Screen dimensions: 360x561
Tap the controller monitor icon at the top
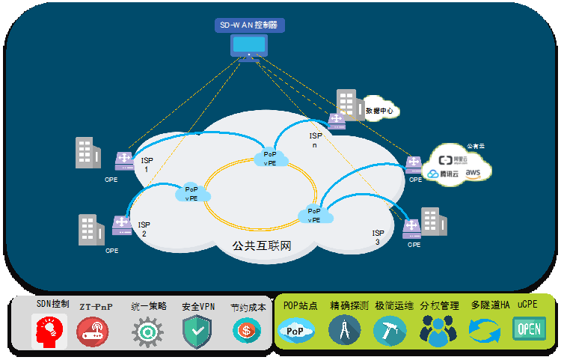[248, 47]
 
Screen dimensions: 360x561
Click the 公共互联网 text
[262, 245]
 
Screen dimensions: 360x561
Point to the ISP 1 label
[146, 165]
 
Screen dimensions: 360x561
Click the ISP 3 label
[378, 237]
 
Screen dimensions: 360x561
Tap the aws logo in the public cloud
[473, 173]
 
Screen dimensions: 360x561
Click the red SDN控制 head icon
[49, 331]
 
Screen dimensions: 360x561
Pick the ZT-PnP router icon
[93, 331]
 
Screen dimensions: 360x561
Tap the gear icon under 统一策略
[147, 331]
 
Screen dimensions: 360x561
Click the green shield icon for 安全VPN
[197, 331]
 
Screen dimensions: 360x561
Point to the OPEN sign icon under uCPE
[529, 329]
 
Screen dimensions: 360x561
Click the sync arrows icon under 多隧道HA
[484, 330]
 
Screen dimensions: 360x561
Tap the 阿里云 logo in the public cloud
[452, 159]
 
